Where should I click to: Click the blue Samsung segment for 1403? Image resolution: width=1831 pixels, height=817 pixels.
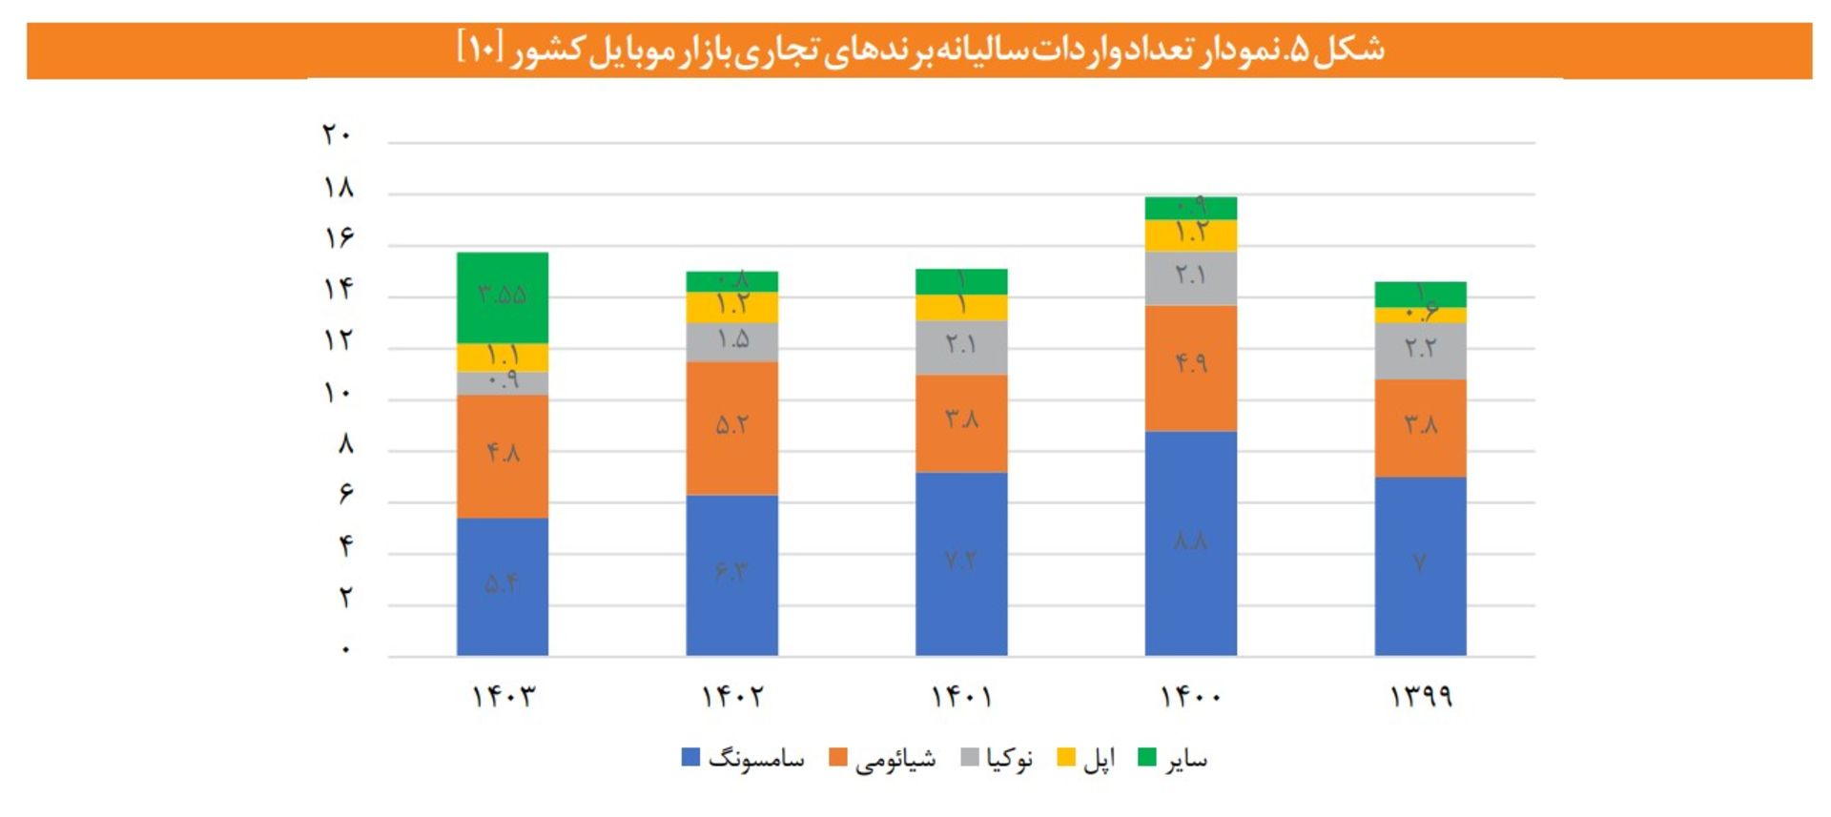(x=503, y=586)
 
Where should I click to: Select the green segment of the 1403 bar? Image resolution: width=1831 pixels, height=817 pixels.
(x=503, y=297)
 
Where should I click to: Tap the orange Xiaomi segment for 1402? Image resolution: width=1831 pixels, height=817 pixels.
(x=731, y=428)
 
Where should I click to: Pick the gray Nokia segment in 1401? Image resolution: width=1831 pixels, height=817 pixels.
(x=961, y=347)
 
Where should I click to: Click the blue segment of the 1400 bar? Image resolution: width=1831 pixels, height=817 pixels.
(x=1190, y=543)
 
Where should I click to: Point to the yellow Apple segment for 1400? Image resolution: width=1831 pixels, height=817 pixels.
(x=1190, y=235)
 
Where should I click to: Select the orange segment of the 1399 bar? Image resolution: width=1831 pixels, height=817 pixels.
(x=1420, y=428)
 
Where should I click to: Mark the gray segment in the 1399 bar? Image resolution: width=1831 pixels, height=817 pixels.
(x=1420, y=351)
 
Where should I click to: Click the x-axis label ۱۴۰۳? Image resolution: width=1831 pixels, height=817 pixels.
(x=504, y=697)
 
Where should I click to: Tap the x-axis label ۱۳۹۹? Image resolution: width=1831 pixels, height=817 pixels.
(x=1420, y=697)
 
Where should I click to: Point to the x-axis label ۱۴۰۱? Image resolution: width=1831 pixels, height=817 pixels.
(x=961, y=697)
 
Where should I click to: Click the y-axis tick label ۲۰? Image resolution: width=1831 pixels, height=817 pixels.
(x=337, y=135)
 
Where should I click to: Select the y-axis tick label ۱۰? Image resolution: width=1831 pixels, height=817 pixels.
(x=337, y=393)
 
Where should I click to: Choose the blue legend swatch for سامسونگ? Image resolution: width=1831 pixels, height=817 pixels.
(x=690, y=758)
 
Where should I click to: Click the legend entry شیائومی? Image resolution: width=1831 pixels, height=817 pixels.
(x=895, y=759)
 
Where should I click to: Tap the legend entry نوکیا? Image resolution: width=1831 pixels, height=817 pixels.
(x=1009, y=759)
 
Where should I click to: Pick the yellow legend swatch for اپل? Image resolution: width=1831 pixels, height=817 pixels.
(x=1067, y=758)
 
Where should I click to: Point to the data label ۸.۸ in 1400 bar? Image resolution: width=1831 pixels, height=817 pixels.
(x=1190, y=541)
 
